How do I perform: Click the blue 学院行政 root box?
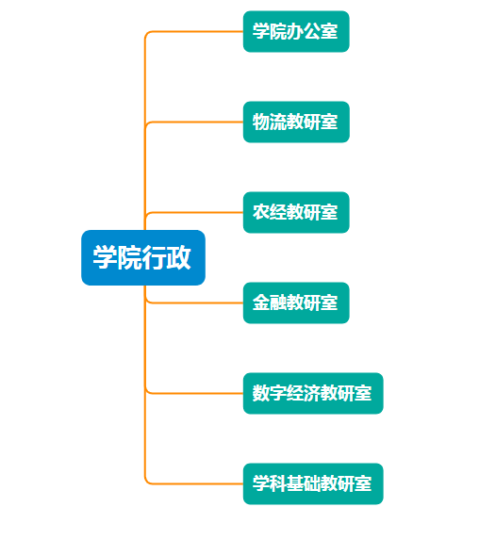click(x=143, y=258)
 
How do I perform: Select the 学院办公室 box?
click(x=296, y=31)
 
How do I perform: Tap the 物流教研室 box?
click(x=296, y=122)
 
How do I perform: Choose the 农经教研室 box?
click(x=296, y=212)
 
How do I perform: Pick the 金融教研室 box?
click(x=296, y=303)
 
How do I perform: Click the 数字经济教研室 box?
click(x=313, y=393)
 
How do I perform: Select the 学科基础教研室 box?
click(x=313, y=483)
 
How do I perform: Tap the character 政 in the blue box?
click(x=179, y=257)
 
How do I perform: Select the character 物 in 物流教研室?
click(x=261, y=122)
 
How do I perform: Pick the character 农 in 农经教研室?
click(x=261, y=212)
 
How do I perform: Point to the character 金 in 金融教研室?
click(x=261, y=303)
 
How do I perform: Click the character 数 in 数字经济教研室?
click(x=261, y=393)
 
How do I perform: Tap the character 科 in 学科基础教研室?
click(x=278, y=483)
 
